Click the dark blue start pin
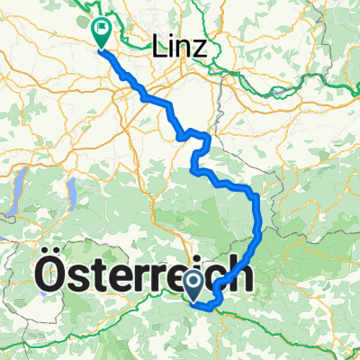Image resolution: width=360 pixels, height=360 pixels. (x=194, y=286)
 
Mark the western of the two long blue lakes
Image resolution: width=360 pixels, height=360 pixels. (x=17, y=195)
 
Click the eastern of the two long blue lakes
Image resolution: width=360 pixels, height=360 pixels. (x=67, y=192)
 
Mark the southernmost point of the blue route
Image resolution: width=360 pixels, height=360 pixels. (x=212, y=309)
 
